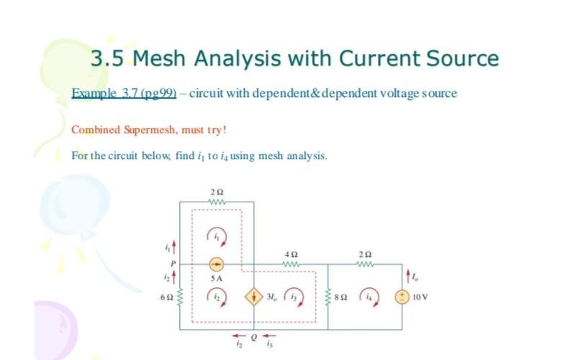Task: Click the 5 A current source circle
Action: click(x=215, y=264)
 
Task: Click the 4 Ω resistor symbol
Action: click(x=291, y=264)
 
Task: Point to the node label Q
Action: click(x=253, y=336)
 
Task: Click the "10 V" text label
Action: click(x=421, y=296)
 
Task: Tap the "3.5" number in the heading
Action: click(x=107, y=58)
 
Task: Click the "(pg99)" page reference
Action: click(x=158, y=94)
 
